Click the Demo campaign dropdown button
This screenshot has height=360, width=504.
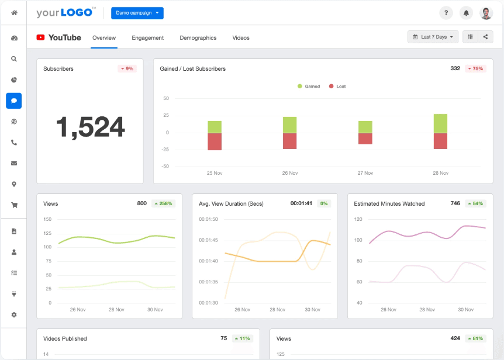click(x=137, y=13)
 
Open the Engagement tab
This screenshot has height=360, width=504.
click(x=147, y=38)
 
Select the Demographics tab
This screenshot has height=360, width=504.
click(x=198, y=38)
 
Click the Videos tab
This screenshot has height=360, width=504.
click(x=241, y=38)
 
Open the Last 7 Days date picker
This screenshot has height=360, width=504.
click(x=433, y=37)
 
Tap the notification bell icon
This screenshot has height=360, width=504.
click(x=466, y=13)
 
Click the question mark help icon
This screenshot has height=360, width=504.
click(x=446, y=13)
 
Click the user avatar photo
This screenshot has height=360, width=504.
click(x=486, y=13)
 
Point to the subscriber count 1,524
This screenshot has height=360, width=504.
click(x=90, y=127)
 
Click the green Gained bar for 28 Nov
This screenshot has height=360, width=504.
click(x=440, y=123)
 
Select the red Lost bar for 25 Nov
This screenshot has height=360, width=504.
click(x=215, y=141)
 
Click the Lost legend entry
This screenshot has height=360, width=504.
click(x=337, y=86)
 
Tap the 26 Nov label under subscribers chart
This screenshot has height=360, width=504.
click(x=290, y=173)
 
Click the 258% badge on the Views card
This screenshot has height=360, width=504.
click(x=163, y=204)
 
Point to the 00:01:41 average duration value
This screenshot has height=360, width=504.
click(x=301, y=204)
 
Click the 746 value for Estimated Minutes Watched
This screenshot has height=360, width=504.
click(x=455, y=204)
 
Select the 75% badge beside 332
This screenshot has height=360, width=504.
click(x=475, y=69)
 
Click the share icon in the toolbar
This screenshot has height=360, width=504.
click(x=485, y=37)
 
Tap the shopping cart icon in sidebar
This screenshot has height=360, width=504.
click(x=14, y=205)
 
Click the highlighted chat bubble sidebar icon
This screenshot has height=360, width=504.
click(x=14, y=101)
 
